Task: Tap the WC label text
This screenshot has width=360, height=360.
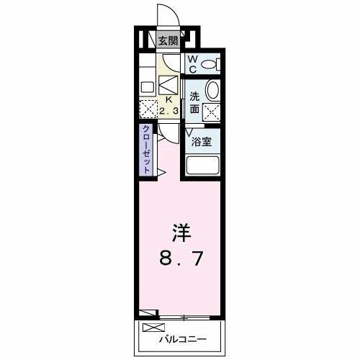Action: tap(192, 64)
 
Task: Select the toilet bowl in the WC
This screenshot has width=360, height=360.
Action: tap(210, 64)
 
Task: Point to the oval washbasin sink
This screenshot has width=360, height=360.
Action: tap(213, 91)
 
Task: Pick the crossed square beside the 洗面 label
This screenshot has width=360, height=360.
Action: tap(213, 112)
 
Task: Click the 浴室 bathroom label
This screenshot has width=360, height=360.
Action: tap(201, 142)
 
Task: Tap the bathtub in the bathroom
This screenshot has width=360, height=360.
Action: tap(202, 164)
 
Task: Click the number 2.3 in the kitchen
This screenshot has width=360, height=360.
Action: tap(170, 111)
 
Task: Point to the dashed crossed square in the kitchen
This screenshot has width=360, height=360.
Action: tap(148, 109)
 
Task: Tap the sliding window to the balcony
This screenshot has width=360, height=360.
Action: tap(184, 316)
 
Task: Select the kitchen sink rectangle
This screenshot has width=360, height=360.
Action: tap(147, 87)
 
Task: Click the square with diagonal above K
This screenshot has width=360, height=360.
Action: tap(168, 85)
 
